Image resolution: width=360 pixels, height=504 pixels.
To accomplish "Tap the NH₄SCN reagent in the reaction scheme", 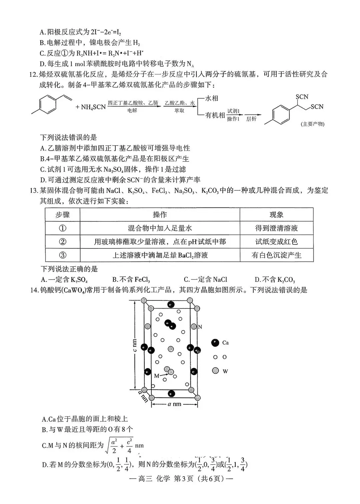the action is click(x=91, y=107).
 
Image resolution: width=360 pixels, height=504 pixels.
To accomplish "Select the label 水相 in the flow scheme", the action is click(x=211, y=98).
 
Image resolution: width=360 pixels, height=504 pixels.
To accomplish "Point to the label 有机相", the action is click(x=215, y=115).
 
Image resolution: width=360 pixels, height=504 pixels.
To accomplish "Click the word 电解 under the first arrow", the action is click(x=132, y=111).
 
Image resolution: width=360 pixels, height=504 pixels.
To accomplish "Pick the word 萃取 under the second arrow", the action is click(x=179, y=111).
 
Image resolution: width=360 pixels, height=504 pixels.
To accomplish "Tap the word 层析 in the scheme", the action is click(x=251, y=119).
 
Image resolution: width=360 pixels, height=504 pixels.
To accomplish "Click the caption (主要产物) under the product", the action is click(x=312, y=124).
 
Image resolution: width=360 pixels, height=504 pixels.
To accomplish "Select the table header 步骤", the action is click(x=63, y=215).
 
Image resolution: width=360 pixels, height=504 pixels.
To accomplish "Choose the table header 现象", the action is click(x=276, y=215).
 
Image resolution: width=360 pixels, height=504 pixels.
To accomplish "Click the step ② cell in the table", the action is click(x=63, y=242).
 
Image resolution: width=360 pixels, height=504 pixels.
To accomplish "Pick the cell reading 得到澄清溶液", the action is click(x=276, y=229).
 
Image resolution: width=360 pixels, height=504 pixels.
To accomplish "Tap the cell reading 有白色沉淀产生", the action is click(x=276, y=255).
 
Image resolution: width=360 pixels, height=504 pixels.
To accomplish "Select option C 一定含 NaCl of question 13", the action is click(x=205, y=279).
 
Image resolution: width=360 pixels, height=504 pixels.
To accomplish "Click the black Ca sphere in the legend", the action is click(x=215, y=342).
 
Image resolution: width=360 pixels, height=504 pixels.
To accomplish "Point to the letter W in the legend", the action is click(x=225, y=371).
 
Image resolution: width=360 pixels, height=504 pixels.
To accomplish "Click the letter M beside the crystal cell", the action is click(x=157, y=376).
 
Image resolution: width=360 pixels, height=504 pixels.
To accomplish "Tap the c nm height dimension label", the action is click(x=135, y=346).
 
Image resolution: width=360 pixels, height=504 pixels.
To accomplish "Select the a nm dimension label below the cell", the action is click(x=174, y=404).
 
